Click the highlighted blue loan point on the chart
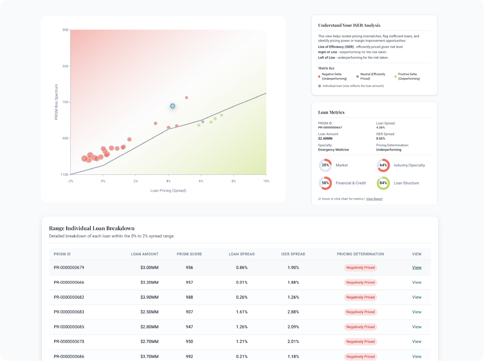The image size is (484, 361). pos(172,106)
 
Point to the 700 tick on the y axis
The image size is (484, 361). pos(65,102)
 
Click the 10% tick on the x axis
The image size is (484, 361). pos(266,181)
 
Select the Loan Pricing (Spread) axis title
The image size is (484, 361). pos(168,190)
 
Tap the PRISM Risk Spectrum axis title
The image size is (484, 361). pos(57,101)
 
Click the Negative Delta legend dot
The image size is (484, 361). pos(319,77)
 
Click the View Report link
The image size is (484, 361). pos(374,199)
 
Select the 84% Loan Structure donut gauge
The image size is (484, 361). pos(383,183)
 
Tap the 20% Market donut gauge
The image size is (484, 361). pos(325,165)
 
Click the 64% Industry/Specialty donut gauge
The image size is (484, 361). pos(383,165)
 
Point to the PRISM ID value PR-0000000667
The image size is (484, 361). pos(330,127)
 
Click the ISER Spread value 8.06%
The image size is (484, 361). pos(380,138)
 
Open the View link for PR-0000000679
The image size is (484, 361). pos(416,268)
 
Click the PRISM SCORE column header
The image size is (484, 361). pos(189,254)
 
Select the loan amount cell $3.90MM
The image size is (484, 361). pos(149,297)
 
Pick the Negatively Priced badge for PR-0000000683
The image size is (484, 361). pos(360,312)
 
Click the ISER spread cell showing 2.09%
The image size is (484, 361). pos(293,327)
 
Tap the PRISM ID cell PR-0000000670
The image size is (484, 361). pos(69,342)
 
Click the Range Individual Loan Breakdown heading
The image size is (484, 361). pos(91,228)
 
